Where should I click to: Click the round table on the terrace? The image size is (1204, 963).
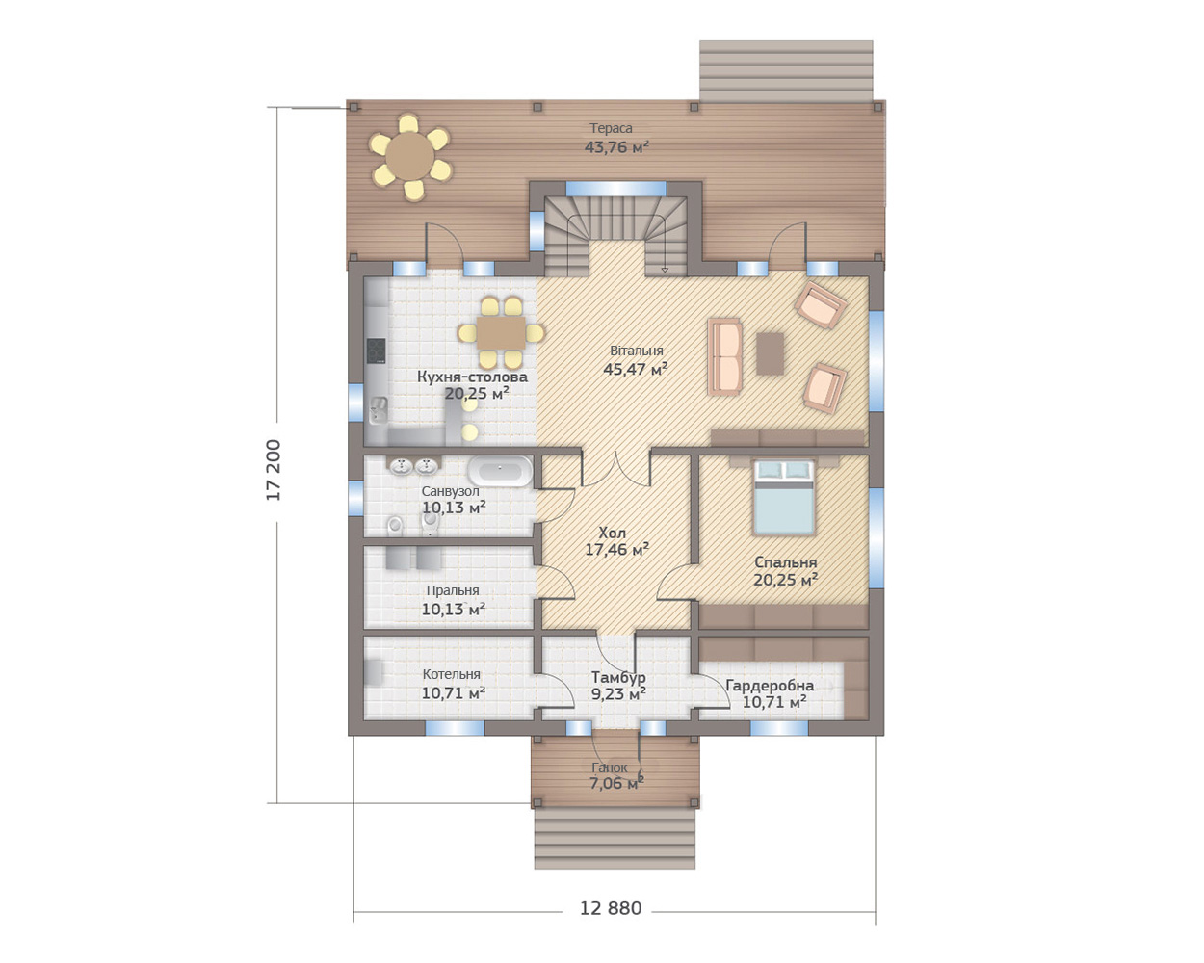click(410, 156)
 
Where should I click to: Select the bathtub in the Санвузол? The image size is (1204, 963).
click(500, 471)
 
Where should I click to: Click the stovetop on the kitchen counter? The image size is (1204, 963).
click(376, 351)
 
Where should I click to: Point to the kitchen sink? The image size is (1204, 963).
click(379, 409)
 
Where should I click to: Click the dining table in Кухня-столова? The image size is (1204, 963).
click(501, 333)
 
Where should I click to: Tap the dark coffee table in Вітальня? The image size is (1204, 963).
click(770, 353)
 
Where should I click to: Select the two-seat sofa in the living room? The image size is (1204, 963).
click(725, 357)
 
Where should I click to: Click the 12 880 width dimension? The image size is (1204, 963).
click(611, 908)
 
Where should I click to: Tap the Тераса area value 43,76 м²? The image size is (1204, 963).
click(616, 147)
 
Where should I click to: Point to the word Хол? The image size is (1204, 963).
click(612, 533)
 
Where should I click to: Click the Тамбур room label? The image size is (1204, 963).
click(618, 677)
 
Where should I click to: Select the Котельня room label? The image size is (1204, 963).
click(452, 674)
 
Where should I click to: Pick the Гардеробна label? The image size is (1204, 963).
click(770, 686)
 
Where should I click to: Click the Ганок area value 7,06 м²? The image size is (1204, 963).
click(616, 783)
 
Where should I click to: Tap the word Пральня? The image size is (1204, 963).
click(453, 590)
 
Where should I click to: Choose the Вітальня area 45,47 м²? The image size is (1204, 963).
click(636, 369)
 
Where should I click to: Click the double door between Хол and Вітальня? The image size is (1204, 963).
click(616, 469)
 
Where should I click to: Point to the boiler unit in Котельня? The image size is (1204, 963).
click(374, 672)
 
